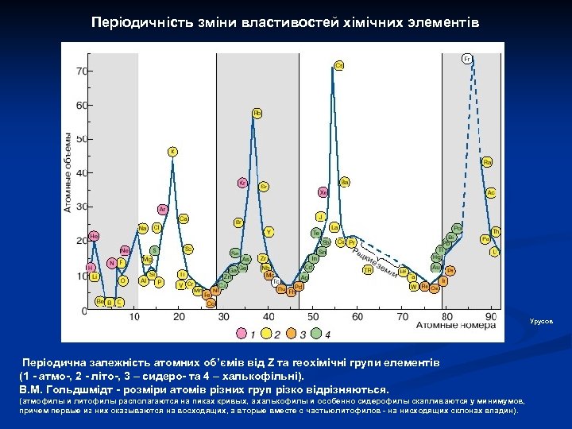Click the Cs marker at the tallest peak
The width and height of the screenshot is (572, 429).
coord(339,65)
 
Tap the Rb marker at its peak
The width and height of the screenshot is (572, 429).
coord(257,114)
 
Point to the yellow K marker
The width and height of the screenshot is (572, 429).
coord(172,152)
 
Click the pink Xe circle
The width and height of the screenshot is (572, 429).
coord(323,191)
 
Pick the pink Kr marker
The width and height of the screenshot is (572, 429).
coord(242,183)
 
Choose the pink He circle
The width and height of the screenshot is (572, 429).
coord(94,236)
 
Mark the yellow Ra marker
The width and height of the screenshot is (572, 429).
coord(487,162)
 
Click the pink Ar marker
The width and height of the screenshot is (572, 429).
coord(162,210)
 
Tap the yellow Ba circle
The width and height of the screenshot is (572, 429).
coord(345,182)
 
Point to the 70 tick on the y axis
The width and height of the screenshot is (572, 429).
coord(81,71)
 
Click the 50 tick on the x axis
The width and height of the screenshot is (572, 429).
coord(312,317)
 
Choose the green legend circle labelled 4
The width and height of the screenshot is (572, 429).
coord(317,333)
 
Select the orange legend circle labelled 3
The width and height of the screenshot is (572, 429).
coord(292,333)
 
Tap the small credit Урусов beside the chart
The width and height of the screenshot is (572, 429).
coord(539,321)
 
